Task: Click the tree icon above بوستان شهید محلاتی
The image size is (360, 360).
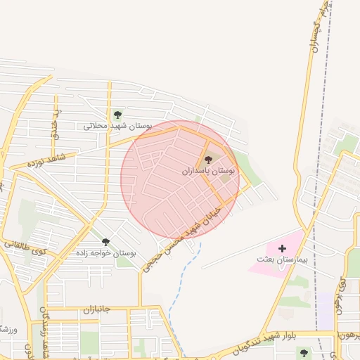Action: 117,115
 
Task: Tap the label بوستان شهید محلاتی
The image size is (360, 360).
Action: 117,126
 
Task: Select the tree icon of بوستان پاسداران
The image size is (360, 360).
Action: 207,160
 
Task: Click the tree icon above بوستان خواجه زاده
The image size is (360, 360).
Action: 105,242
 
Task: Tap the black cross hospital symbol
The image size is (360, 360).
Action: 282,248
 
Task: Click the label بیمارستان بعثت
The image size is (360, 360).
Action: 282,259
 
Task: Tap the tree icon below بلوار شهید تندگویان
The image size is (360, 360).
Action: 303,352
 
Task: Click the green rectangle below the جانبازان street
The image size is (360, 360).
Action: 89,342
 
